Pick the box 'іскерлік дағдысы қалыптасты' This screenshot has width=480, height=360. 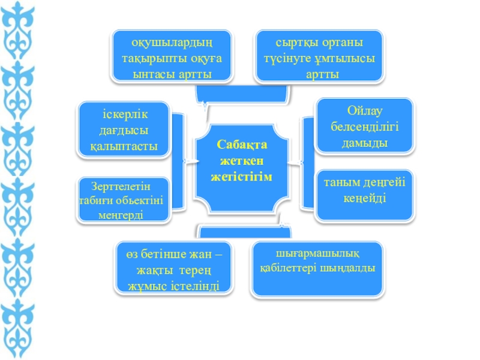click(x=124, y=130)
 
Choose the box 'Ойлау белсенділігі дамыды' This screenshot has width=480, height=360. click(x=364, y=127)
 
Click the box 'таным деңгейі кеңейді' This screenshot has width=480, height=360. click(x=364, y=191)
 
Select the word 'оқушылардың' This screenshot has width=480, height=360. click(x=172, y=43)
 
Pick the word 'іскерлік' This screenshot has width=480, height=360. click(x=125, y=115)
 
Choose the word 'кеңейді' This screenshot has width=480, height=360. click(x=364, y=197)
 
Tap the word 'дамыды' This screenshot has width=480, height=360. click(x=365, y=143)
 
